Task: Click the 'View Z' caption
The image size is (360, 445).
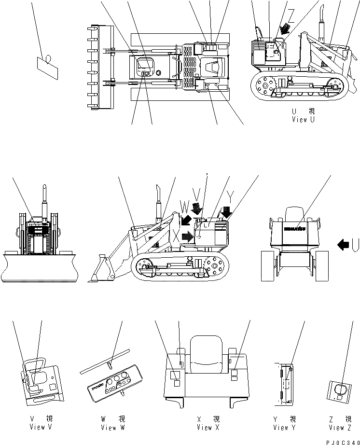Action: pos(340,427)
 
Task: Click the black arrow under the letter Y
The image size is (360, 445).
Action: pos(226,212)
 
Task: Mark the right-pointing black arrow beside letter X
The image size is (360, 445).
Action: pos(187,237)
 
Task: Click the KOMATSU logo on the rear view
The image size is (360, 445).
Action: pos(294,229)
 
